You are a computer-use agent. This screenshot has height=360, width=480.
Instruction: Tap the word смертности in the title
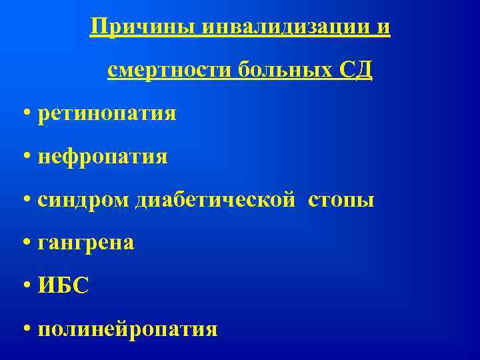(167, 70)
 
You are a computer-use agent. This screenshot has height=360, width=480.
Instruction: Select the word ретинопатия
(107, 114)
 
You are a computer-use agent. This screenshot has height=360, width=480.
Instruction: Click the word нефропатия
(103, 157)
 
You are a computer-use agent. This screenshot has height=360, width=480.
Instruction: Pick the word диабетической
(214, 200)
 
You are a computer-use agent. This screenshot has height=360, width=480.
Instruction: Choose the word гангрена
(86, 243)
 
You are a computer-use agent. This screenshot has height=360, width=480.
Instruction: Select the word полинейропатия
(127, 329)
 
